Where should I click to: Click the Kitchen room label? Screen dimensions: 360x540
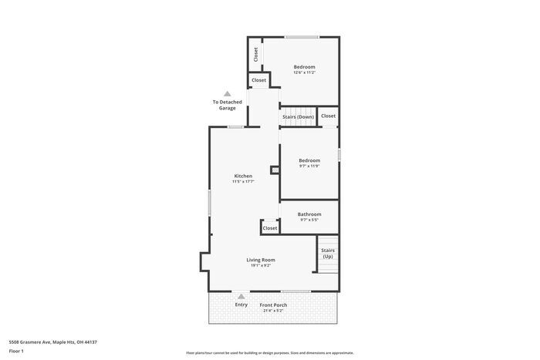point(243,176)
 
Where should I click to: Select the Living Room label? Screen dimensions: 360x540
point(261,260)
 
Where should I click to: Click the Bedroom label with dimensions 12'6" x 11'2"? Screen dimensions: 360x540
point(304,67)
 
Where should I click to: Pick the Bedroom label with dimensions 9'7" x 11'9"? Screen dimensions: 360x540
point(309,160)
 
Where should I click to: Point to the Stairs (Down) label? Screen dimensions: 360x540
point(298,116)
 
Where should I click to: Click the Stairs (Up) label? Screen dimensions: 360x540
point(328,253)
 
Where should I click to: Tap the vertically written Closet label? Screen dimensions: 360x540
point(256,56)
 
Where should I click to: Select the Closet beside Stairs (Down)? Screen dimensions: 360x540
point(329,116)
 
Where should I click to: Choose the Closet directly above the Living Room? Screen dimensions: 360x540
point(270,228)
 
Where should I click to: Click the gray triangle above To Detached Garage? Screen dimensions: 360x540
point(227,93)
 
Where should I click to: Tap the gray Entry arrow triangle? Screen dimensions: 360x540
point(241,296)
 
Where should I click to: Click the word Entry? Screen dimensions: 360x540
point(241,304)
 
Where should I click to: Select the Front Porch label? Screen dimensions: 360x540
point(273,304)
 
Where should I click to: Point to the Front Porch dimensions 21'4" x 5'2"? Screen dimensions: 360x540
point(273,311)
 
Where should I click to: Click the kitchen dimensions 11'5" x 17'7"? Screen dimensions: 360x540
point(243,182)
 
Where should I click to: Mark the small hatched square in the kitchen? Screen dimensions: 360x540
point(273,170)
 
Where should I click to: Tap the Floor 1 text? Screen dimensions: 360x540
point(16,352)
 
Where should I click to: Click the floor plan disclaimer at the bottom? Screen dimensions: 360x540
point(270,352)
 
